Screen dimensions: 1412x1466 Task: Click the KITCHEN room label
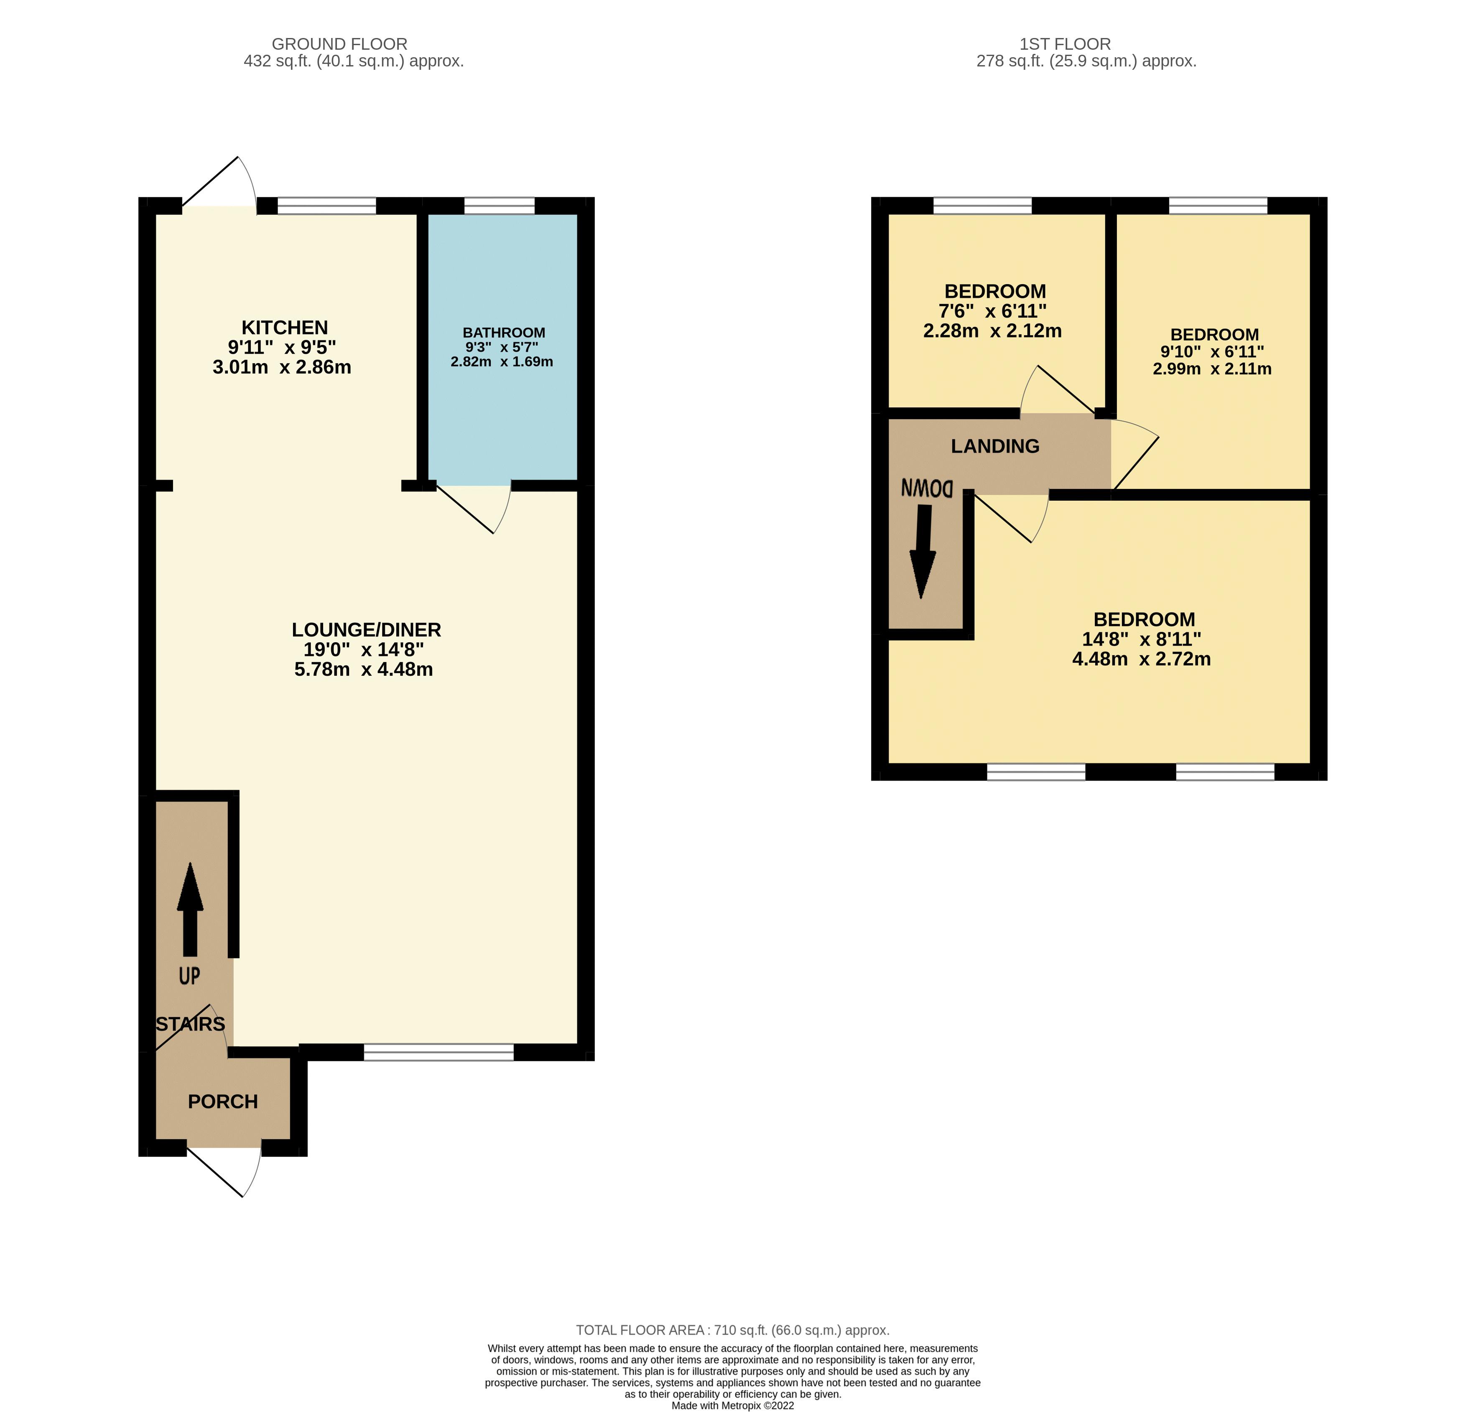pos(284,328)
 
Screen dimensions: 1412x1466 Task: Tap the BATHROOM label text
pos(503,333)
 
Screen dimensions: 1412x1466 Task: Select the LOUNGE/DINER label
pos(366,630)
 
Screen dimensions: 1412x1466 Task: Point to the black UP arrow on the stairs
pos(190,909)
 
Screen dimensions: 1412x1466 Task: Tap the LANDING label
pos(995,446)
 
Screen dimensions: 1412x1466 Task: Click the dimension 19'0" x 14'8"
pos(364,649)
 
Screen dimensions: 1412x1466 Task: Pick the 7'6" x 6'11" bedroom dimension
pos(992,311)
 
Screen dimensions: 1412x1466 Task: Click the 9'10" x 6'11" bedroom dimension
pos(1212,351)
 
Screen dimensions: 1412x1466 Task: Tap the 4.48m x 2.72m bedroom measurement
pos(1141,659)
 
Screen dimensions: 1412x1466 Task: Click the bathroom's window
pos(499,206)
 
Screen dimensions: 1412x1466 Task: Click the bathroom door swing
pos(479,506)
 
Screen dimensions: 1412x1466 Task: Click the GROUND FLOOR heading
pos(339,44)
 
